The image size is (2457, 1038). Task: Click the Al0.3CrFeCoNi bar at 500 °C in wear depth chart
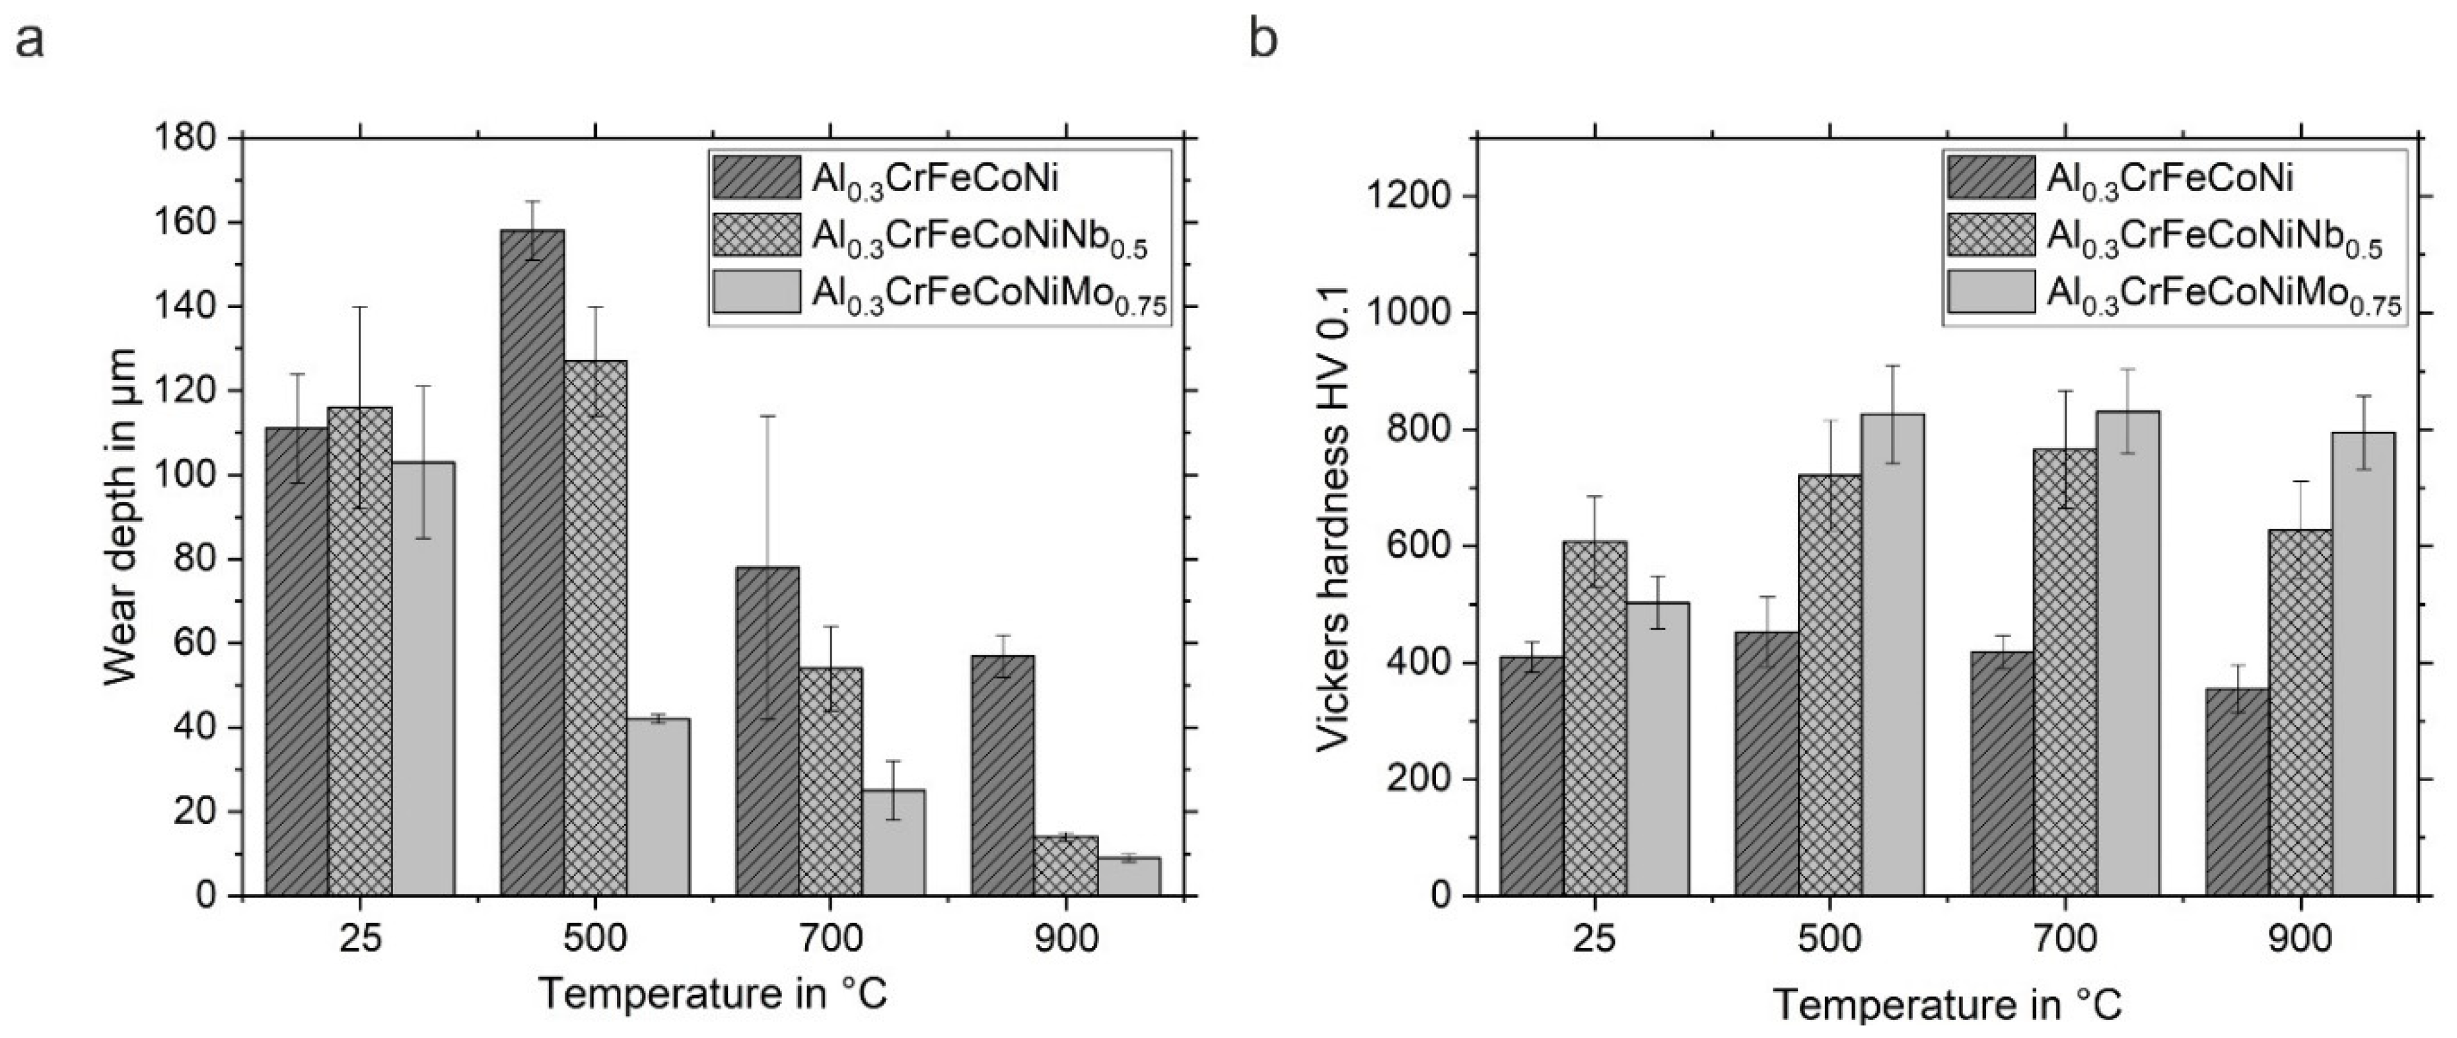(x=531, y=563)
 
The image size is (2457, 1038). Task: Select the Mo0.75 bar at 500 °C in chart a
(x=658, y=806)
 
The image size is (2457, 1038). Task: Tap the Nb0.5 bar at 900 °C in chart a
(x=1065, y=866)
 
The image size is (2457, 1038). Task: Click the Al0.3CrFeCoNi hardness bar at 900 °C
(x=2238, y=792)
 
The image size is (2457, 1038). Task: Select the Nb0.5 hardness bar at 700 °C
(x=2065, y=673)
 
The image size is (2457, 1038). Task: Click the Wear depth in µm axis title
(x=121, y=516)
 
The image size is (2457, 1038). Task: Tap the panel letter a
(x=30, y=41)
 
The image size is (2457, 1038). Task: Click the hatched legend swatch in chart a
(x=756, y=178)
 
